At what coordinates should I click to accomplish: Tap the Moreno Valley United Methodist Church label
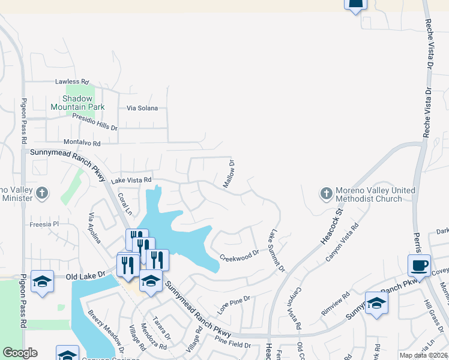[x=375, y=194]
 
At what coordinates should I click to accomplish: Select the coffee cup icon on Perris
[x=418, y=265]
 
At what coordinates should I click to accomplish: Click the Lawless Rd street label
[x=71, y=82]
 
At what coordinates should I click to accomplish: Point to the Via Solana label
[x=142, y=109]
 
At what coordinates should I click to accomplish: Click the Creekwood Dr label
[x=239, y=254]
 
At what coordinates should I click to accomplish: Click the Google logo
[x=20, y=353]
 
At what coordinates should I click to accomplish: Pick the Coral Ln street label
[x=124, y=204]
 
